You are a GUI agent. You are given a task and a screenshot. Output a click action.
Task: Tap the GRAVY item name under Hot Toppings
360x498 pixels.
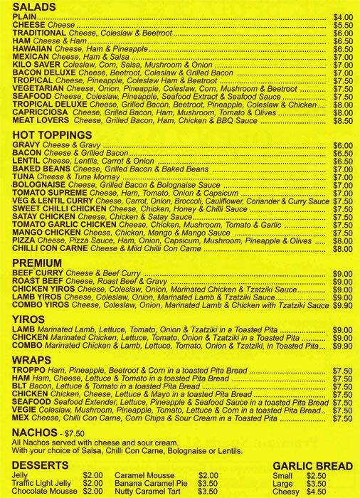tap(28, 145)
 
